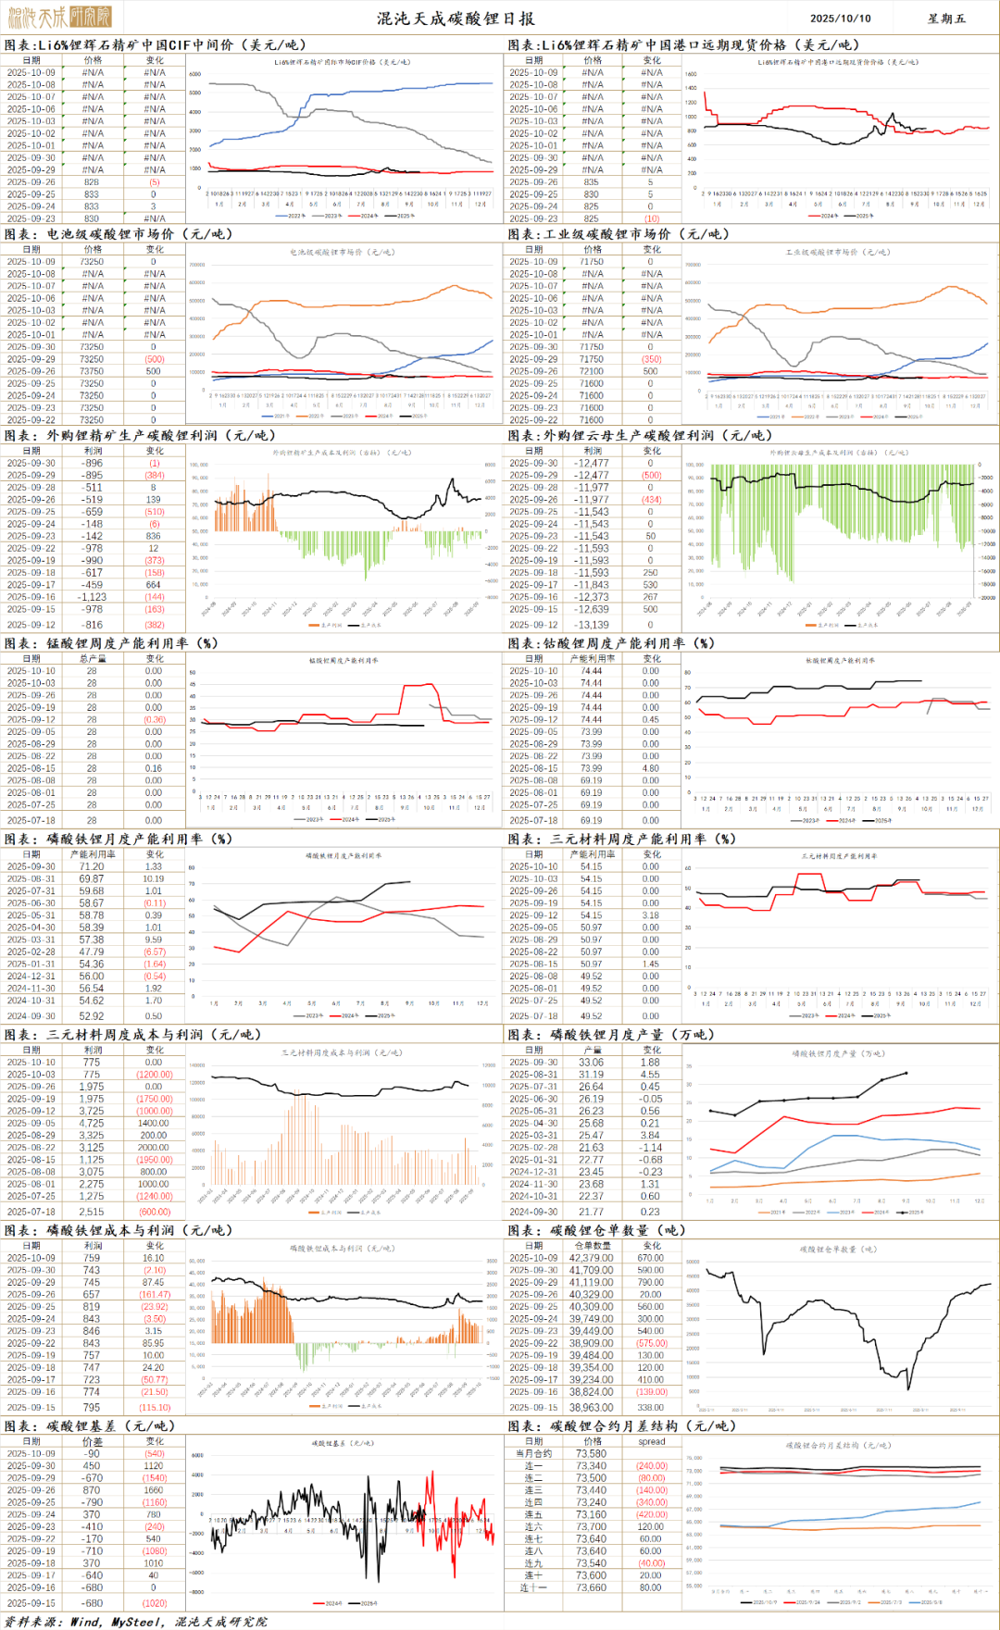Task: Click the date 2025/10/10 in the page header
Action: tap(840, 18)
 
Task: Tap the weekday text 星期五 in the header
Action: tap(946, 18)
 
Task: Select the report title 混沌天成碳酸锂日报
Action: tap(455, 19)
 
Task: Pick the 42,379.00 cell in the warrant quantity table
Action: tap(591, 1258)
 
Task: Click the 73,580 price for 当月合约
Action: tap(591, 1453)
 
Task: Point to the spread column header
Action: tap(651, 1441)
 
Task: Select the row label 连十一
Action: tap(533, 1587)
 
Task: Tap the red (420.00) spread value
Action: tap(651, 1514)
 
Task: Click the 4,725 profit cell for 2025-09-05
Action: tap(92, 1123)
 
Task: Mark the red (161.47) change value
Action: tap(155, 1294)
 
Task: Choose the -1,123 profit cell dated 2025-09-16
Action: tap(92, 597)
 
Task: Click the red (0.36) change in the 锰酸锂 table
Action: tap(155, 719)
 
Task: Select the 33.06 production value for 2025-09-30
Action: tap(591, 1062)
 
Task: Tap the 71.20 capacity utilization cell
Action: tap(92, 866)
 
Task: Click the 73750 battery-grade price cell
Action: tap(92, 371)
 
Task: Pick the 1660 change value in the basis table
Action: tap(154, 1490)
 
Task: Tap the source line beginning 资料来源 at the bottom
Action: tap(135, 1621)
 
